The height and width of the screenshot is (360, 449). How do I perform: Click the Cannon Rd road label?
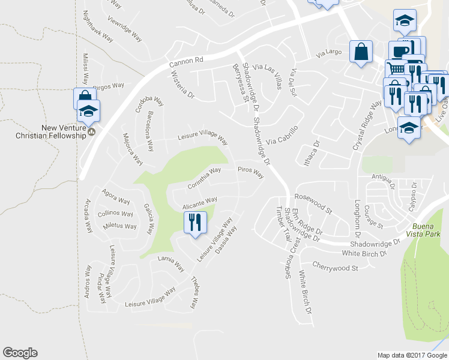click(187, 60)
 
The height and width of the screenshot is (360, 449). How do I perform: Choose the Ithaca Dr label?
click(311, 152)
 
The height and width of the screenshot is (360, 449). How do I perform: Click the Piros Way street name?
click(251, 173)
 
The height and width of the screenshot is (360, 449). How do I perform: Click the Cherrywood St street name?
click(335, 266)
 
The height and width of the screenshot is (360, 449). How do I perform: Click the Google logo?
click(20, 353)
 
